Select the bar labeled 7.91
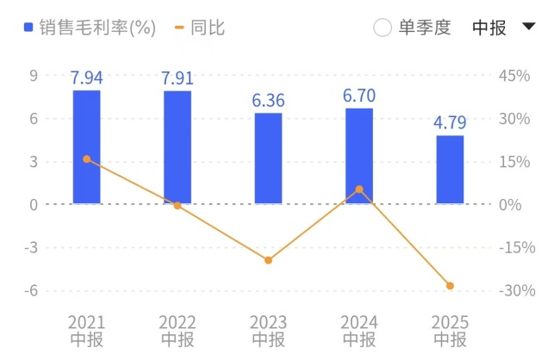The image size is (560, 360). point(177,146)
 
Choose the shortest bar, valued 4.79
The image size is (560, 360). point(450,170)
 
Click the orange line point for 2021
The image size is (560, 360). point(86,159)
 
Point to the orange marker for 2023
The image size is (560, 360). point(268,260)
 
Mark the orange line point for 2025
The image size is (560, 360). point(450,286)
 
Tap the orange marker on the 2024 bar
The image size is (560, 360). point(359,189)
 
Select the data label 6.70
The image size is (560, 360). point(359,96)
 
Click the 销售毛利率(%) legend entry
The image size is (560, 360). point(90,28)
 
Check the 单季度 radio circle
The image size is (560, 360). point(383,28)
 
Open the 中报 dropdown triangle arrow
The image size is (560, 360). point(529,27)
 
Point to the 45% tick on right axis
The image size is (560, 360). point(514,76)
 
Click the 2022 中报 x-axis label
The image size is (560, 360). point(177,331)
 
